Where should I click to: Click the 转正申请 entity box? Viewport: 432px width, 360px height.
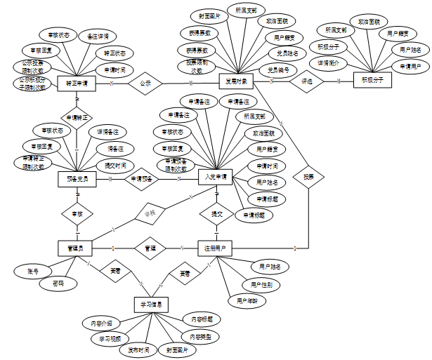click(x=75, y=83)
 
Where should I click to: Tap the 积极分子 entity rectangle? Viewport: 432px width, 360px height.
click(x=372, y=80)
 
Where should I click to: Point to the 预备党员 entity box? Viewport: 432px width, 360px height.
click(x=76, y=180)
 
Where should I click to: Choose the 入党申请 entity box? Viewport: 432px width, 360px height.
click(x=216, y=178)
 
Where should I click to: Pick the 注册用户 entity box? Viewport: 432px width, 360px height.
click(x=216, y=248)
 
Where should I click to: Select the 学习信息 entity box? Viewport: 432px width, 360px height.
click(x=151, y=305)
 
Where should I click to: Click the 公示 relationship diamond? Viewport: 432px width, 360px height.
click(x=145, y=82)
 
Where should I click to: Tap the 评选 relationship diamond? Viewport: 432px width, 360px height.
click(x=306, y=81)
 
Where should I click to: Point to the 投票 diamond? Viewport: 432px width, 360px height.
click(x=308, y=177)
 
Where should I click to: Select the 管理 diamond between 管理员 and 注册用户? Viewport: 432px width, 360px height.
click(x=149, y=248)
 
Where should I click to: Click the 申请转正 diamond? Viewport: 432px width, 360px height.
click(x=76, y=118)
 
